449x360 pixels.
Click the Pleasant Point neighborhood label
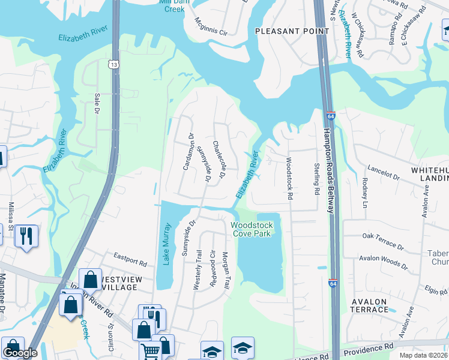click(285, 31)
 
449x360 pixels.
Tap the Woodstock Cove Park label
click(252, 229)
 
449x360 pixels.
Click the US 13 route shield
click(113, 63)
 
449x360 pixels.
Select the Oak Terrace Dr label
click(382, 241)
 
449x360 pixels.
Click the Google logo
click(20, 353)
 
